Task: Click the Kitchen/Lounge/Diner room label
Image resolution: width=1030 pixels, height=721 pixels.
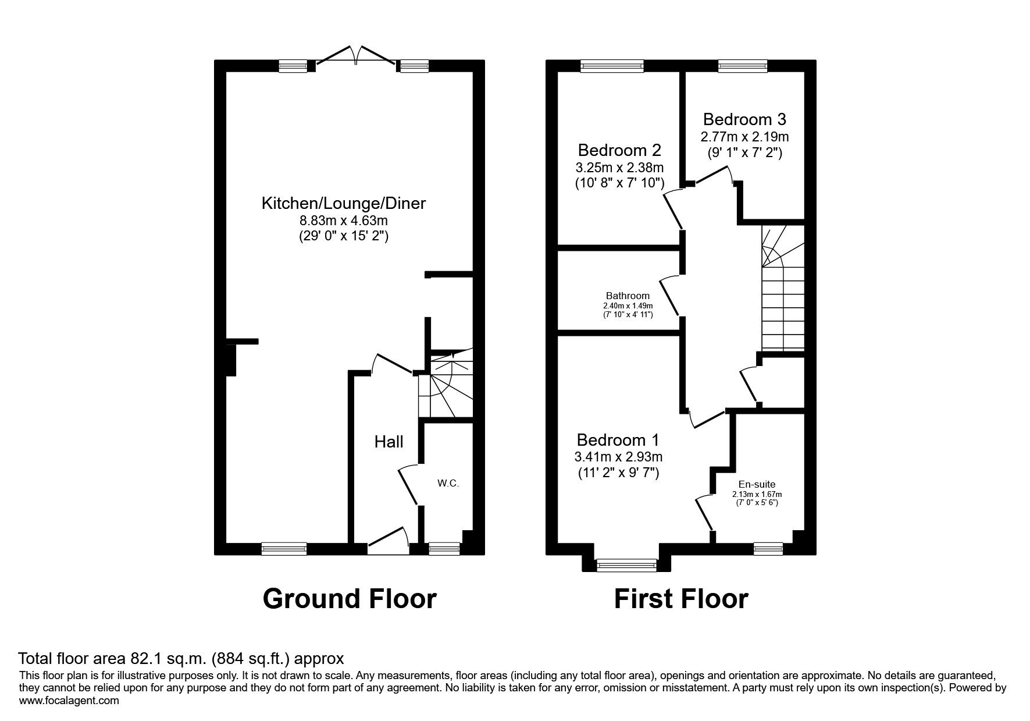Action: tap(343, 203)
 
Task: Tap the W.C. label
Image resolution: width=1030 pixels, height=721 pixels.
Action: tap(448, 483)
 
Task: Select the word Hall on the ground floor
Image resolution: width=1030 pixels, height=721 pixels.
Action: tap(389, 442)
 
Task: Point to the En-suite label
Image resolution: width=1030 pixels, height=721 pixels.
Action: tap(757, 484)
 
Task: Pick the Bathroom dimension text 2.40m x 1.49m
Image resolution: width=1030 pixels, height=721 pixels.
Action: tap(628, 306)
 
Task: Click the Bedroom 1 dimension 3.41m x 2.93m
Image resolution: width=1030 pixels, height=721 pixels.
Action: tap(619, 456)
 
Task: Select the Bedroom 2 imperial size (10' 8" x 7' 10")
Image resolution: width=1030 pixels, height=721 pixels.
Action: tap(619, 183)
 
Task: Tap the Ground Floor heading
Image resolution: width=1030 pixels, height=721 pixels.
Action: tap(349, 599)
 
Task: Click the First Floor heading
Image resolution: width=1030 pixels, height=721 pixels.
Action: tap(681, 599)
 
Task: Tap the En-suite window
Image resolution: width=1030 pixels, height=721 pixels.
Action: tap(768, 547)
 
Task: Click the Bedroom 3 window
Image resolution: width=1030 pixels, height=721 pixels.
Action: tap(743, 66)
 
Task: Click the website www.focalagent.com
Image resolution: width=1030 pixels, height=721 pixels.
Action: tap(69, 701)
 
